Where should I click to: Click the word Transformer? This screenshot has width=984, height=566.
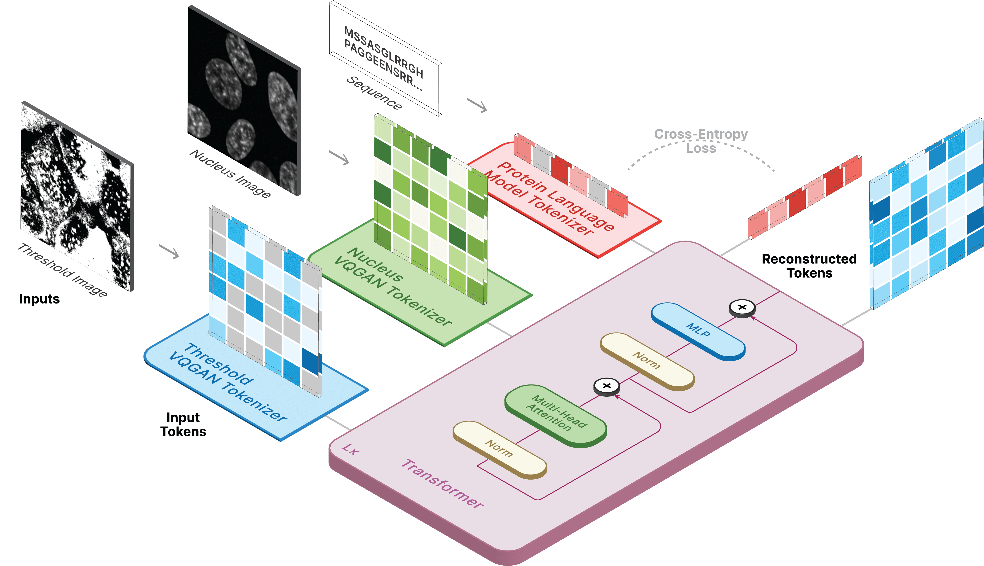tap(442, 483)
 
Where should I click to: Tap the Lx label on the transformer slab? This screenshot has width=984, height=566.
tap(351, 450)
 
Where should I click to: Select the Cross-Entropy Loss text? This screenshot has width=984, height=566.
tap(701, 141)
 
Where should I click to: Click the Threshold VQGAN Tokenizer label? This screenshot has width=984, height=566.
tap(227, 383)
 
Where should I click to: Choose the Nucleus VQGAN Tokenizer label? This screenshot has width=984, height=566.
tap(392, 287)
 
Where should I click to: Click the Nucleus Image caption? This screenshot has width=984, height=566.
tap(230, 173)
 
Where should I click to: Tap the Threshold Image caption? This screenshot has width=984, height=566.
tap(62, 270)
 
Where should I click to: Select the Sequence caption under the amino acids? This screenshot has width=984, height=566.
tap(374, 93)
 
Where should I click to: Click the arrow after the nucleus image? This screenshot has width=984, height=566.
tap(339, 158)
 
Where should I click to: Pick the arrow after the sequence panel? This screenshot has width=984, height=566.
tap(477, 105)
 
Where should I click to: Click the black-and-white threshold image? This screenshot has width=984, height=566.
tap(77, 196)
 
